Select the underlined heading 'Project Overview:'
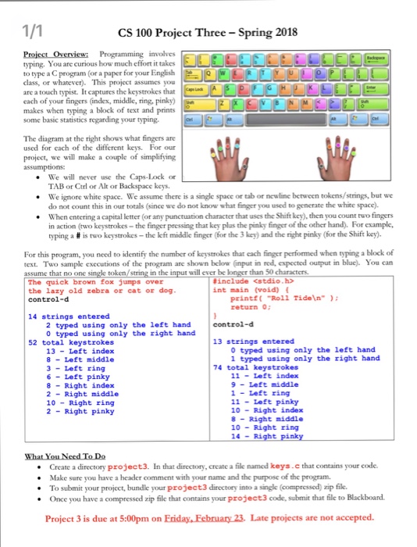(x=49, y=57)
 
